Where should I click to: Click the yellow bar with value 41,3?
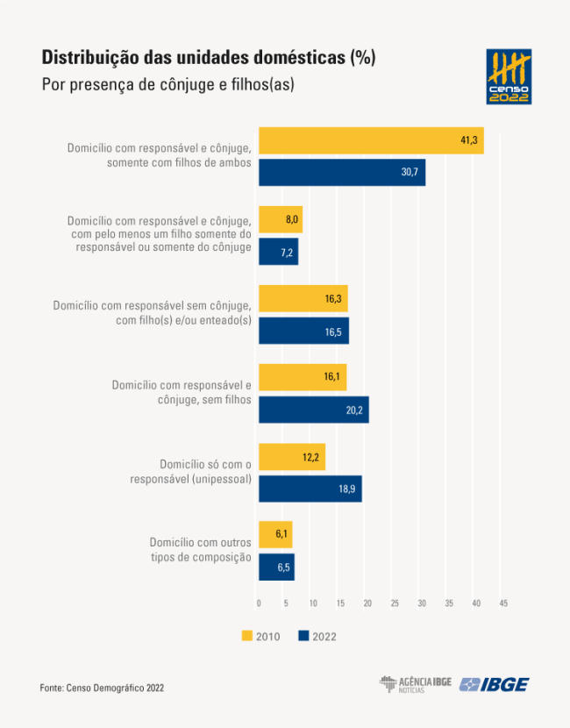click(x=371, y=140)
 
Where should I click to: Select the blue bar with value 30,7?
click(x=342, y=172)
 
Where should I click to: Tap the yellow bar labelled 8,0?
click(x=281, y=220)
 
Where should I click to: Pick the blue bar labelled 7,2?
click(x=278, y=252)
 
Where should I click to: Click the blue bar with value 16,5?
click(x=303, y=331)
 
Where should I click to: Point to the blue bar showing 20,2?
click(x=313, y=410)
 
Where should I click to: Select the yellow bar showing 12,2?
click(x=292, y=457)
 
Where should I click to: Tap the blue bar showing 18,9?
click(x=310, y=489)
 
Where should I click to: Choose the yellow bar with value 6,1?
click(x=275, y=534)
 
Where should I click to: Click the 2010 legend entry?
click(x=260, y=636)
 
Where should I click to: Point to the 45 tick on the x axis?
click(x=503, y=603)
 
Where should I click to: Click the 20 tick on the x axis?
click(x=367, y=603)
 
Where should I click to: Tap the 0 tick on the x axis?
click(x=259, y=603)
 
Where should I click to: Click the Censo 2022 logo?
click(x=509, y=76)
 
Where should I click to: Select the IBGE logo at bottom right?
click(x=495, y=684)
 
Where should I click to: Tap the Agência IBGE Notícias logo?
click(x=416, y=684)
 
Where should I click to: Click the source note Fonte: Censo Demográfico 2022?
click(x=102, y=688)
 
